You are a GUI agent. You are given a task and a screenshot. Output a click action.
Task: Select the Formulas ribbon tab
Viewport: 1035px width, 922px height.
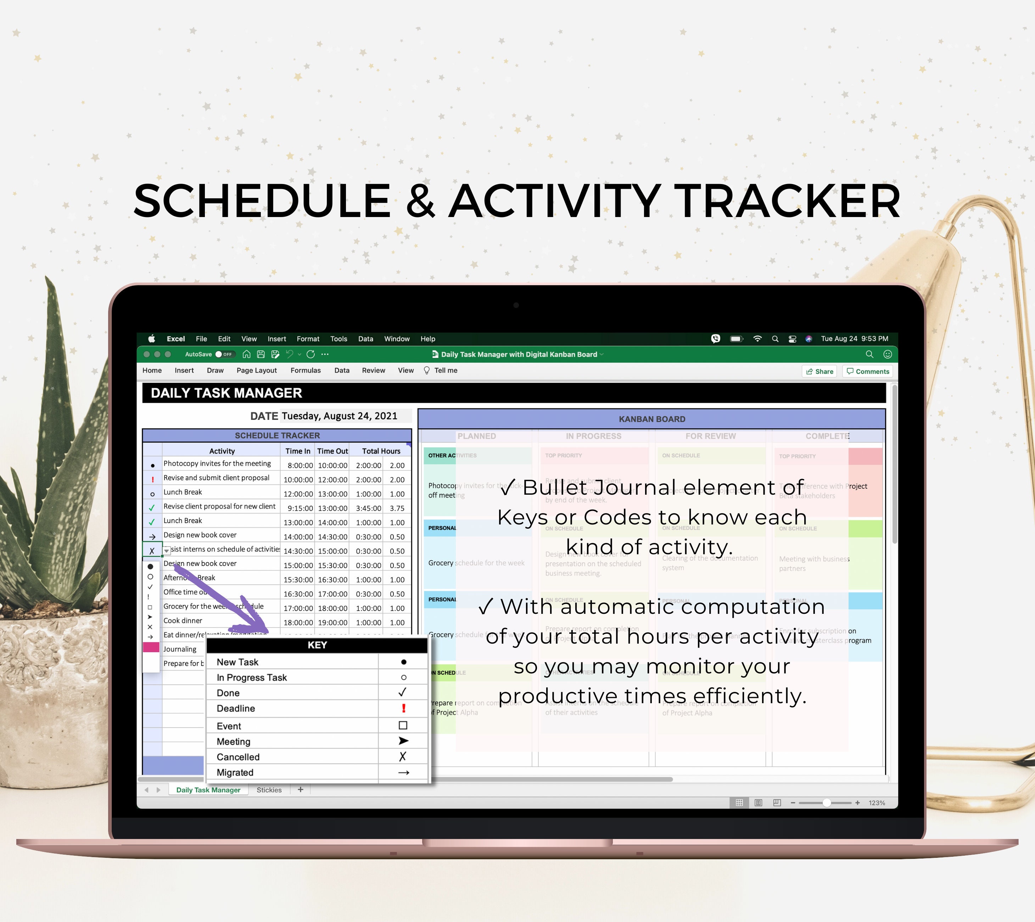point(305,370)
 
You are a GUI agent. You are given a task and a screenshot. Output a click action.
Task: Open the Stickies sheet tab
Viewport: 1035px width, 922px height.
point(269,790)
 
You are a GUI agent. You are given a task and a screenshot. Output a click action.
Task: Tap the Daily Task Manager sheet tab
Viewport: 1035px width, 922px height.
point(208,790)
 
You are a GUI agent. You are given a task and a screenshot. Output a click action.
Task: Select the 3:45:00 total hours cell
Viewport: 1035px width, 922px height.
point(368,508)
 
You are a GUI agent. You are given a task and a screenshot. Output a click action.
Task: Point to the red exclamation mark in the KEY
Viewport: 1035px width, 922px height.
point(404,708)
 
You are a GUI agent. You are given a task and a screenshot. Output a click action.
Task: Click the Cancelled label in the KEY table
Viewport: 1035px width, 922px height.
point(238,757)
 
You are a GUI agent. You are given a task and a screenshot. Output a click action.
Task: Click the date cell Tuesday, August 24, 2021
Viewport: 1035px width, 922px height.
point(339,416)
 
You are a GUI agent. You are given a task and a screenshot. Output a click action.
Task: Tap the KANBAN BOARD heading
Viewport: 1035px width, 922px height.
point(652,419)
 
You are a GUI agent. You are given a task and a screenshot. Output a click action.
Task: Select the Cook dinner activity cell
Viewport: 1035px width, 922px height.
point(183,621)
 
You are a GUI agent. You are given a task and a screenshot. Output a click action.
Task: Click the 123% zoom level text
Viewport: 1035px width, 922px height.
point(877,803)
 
